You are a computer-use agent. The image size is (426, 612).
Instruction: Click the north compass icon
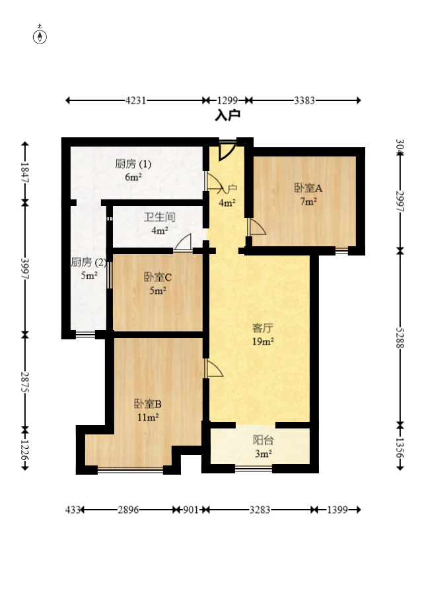point(40,36)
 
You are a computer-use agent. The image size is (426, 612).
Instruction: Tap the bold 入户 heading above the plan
point(227,116)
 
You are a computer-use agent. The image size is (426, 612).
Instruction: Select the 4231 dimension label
point(135,101)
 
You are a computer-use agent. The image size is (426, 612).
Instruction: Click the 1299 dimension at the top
point(227,101)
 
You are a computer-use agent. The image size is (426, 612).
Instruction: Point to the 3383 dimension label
point(304,101)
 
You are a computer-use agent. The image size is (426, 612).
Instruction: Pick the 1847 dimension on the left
point(24,172)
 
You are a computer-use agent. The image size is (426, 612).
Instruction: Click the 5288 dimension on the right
point(400,338)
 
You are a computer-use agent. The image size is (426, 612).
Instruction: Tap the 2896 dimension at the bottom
point(129,510)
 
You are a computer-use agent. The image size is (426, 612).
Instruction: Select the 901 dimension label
point(191,510)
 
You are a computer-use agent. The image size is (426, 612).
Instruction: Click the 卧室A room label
point(308,188)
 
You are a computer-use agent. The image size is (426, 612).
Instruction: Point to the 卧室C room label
point(158,277)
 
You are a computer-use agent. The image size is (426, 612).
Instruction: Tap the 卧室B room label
point(147,403)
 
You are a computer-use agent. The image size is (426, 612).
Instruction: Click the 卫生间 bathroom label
point(159,217)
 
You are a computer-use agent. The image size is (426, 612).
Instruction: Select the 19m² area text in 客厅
point(263,341)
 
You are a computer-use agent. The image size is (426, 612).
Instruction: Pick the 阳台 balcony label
point(263,440)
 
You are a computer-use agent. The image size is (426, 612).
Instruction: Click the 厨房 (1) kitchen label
point(133,164)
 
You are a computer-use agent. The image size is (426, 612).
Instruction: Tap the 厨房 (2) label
point(89,262)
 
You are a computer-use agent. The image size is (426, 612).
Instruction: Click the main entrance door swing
point(227,151)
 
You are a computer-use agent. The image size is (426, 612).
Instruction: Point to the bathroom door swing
point(183,243)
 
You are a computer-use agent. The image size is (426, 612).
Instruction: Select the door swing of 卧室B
point(213,368)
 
